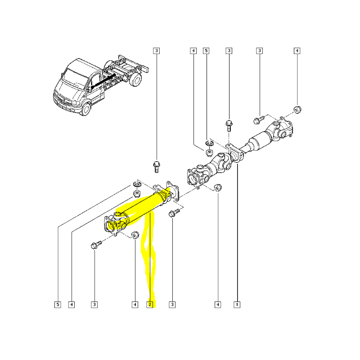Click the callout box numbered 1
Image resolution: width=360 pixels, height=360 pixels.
pos(236,305)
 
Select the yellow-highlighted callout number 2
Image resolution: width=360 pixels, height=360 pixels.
pos(150,305)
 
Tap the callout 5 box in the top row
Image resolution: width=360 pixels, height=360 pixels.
pos(207,51)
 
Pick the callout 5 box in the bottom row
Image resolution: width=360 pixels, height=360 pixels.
pos(58,305)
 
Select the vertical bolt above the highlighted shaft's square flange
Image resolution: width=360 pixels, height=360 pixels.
pos(157,166)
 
